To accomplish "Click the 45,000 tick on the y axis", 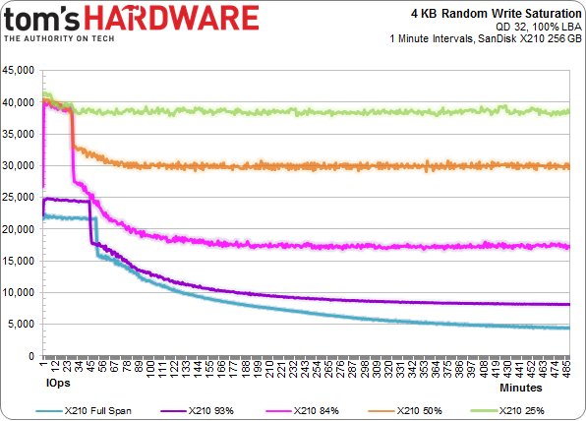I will point(19,71).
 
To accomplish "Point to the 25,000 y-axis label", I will point(19,198).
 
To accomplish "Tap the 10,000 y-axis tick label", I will point(19,292).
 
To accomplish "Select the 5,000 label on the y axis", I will point(22,324).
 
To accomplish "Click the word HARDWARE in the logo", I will point(197,18).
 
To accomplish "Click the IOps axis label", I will point(57,379).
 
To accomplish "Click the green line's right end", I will point(568,111).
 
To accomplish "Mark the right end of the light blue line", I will point(568,328).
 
